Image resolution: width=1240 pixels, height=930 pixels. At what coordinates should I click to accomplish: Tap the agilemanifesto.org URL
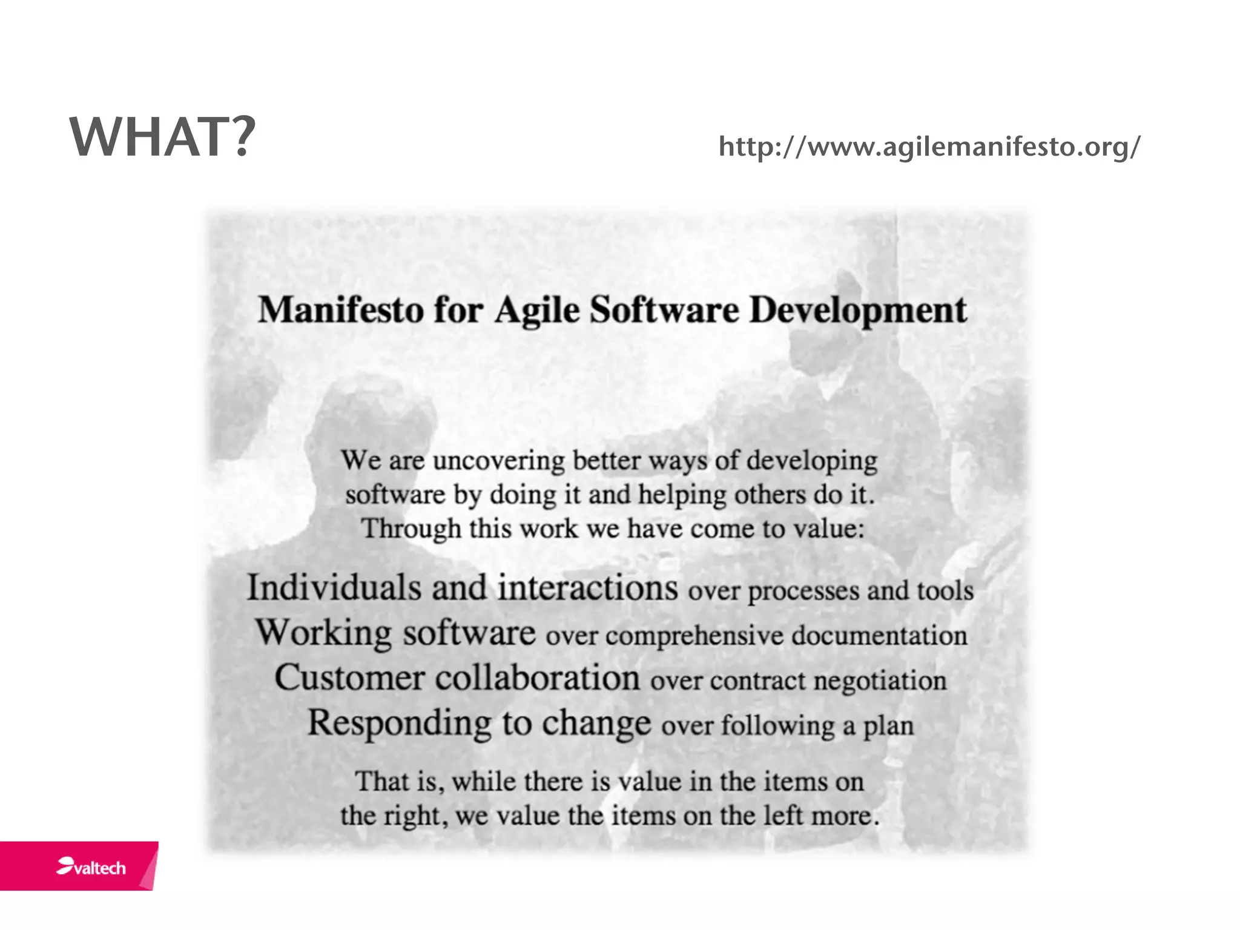click(x=929, y=147)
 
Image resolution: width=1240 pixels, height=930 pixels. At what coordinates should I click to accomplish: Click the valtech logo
click(x=92, y=867)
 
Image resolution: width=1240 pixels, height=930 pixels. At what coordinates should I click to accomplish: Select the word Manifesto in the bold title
click(x=341, y=310)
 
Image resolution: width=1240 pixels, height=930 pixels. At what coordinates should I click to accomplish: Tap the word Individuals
click(x=334, y=588)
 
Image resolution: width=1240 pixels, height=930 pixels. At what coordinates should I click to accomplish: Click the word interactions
click(x=587, y=588)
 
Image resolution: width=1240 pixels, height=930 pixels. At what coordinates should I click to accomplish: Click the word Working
click(x=323, y=633)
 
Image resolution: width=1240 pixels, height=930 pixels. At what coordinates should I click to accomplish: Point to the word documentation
click(x=879, y=636)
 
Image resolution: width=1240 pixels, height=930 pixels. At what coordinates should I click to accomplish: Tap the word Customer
click(x=349, y=678)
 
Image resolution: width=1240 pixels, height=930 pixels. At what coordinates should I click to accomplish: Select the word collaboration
click(x=537, y=678)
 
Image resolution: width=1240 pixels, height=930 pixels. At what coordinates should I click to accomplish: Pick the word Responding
click(x=400, y=724)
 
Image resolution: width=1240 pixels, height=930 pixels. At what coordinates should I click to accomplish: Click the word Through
click(x=411, y=529)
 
